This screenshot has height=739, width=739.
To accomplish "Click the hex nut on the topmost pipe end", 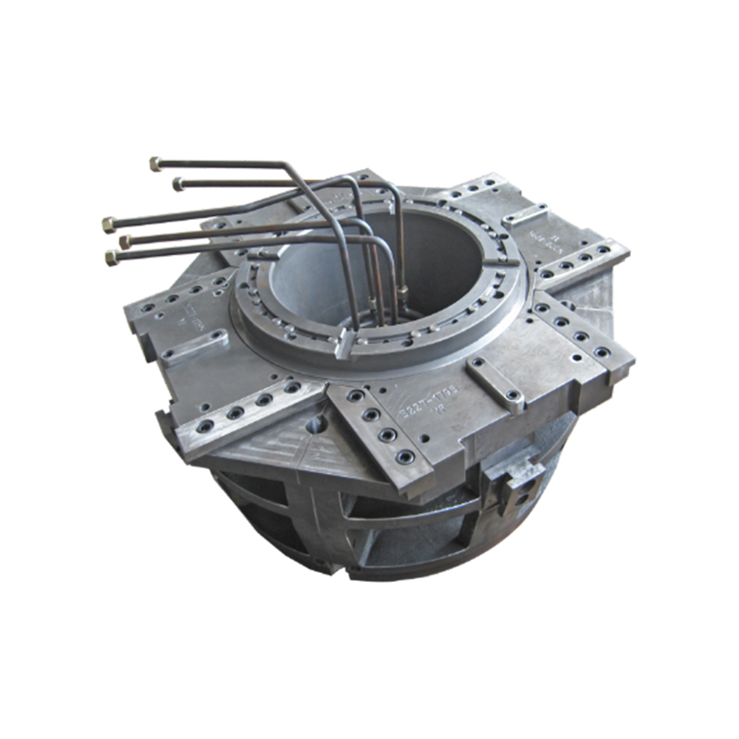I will point(155,164).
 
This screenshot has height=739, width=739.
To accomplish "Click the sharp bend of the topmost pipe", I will point(289,166).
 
